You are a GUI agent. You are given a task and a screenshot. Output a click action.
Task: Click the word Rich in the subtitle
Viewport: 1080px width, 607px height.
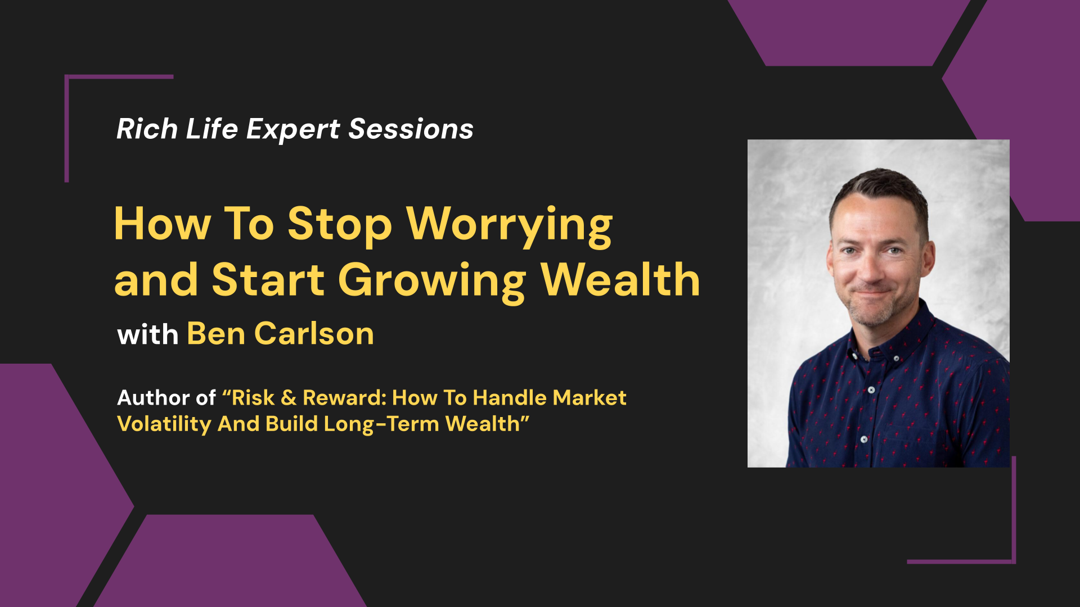pyautogui.click(x=147, y=129)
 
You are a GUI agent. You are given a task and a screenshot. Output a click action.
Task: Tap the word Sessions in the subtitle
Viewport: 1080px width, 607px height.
pyautogui.click(x=411, y=129)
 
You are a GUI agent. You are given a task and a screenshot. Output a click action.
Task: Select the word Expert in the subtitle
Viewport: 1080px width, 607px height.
pyautogui.click(x=293, y=130)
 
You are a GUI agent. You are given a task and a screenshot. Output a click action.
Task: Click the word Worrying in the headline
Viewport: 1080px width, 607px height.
pyautogui.click(x=509, y=226)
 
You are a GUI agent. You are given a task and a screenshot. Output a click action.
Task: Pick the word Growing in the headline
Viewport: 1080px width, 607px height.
pyautogui.click(x=432, y=282)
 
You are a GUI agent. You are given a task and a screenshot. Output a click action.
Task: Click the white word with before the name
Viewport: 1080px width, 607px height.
pyautogui.click(x=148, y=334)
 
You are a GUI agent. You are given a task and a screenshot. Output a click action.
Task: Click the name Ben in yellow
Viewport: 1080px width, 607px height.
pyautogui.click(x=216, y=334)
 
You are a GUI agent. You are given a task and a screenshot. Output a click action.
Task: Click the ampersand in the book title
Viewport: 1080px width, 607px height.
pyautogui.click(x=289, y=398)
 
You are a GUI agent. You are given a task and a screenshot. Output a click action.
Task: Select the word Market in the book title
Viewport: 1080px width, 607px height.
pyautogui.click(x=589, y=398)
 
